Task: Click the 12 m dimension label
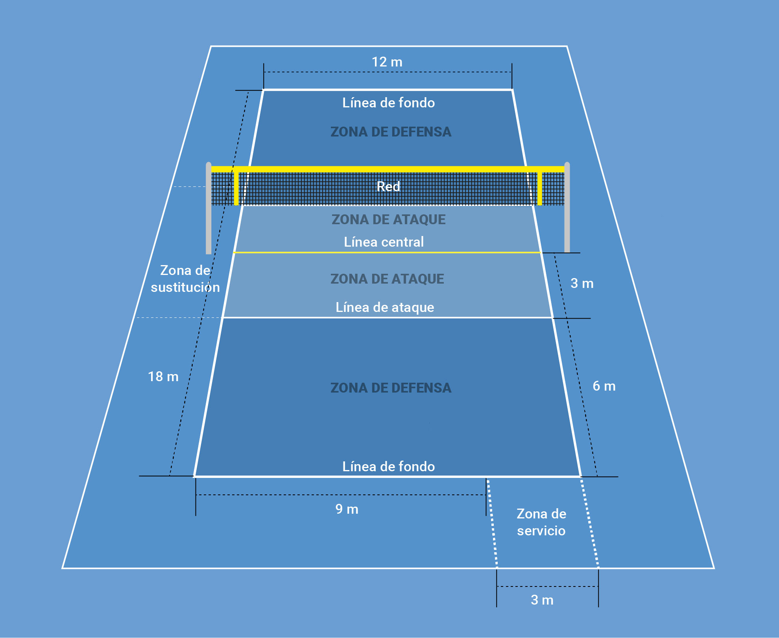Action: (387, 62)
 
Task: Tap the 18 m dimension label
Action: (163, 377)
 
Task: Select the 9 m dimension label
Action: (347, 509)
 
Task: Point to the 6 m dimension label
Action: (604, 386)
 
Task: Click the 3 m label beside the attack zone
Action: (582, 284)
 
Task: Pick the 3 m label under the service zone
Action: (542, 600)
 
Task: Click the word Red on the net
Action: (388, 186)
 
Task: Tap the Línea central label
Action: (384, 242)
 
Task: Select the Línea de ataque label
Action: (385, 307)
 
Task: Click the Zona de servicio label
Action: (541, 522)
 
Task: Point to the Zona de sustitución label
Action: (185, 279)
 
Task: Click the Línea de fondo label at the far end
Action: (388, 103)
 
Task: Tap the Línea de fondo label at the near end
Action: (388, 467)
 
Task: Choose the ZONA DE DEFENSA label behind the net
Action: (391, 132)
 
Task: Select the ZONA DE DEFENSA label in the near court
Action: (391, 388)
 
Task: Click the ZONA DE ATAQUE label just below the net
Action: (388, 219)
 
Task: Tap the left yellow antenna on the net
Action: (236, 188)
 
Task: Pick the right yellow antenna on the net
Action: (539, 188)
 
